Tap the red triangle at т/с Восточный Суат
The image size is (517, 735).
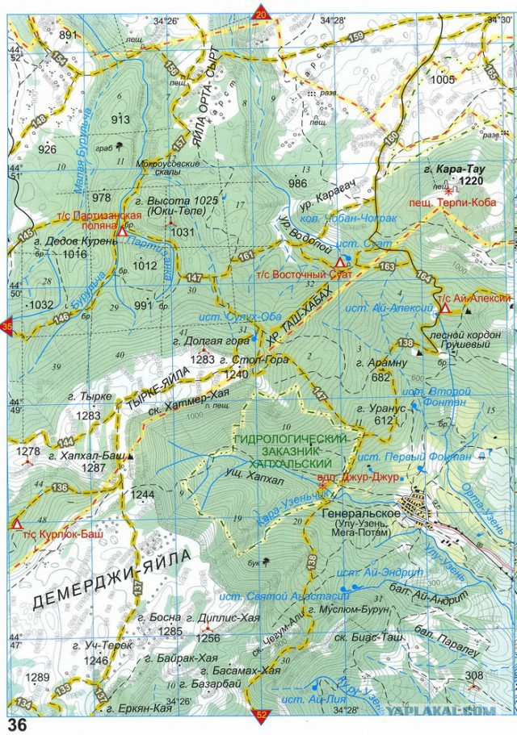341,264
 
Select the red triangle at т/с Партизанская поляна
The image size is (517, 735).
122,231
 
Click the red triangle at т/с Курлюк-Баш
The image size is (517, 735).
16,524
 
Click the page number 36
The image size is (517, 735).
17,725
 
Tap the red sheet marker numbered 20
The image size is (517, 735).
261,10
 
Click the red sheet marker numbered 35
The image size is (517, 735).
7,327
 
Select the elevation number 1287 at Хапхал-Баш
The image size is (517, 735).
95,467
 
